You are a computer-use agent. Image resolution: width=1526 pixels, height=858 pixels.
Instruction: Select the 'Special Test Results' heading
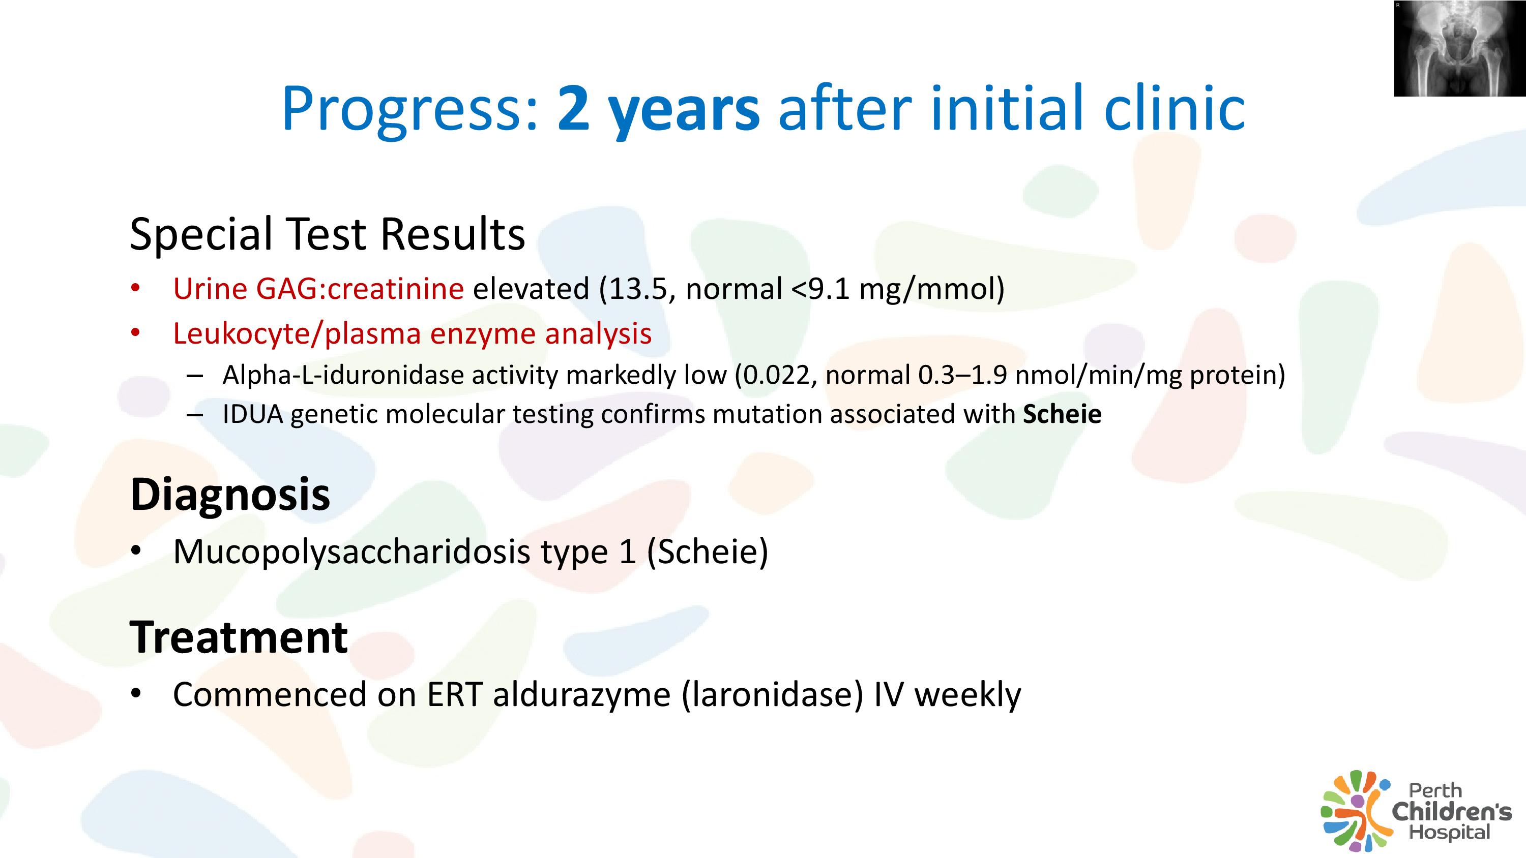point(328,234)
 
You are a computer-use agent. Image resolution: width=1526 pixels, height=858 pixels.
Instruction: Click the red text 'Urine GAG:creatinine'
point(318,289)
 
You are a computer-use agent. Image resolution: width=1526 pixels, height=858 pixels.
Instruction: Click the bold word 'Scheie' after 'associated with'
point(1062,414)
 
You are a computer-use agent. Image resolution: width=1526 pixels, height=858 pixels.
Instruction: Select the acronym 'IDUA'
point(253,414)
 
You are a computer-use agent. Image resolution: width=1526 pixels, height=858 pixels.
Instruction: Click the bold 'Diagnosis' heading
point(230,495)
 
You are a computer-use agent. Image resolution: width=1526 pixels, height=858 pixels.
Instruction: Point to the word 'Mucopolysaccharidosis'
point(352,552)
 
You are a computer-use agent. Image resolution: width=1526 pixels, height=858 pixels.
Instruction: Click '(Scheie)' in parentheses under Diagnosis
point(708,552)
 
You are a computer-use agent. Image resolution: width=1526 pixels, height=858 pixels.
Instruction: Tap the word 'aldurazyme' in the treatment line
point(581,694)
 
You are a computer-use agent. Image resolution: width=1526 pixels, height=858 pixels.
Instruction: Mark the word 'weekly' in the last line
point(968,694)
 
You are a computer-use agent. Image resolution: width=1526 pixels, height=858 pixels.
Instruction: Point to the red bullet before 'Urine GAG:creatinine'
point(136,288)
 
